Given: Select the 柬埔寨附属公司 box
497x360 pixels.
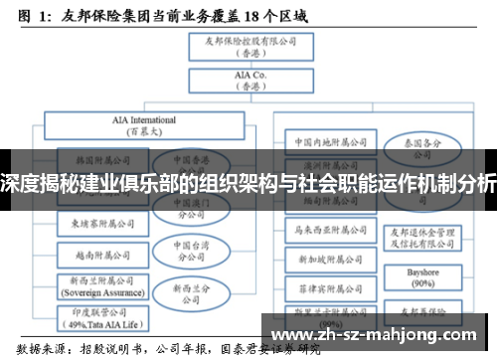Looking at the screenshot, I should click(x=102, y=224).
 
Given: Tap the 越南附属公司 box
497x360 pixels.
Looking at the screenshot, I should click(x=102, y=253).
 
